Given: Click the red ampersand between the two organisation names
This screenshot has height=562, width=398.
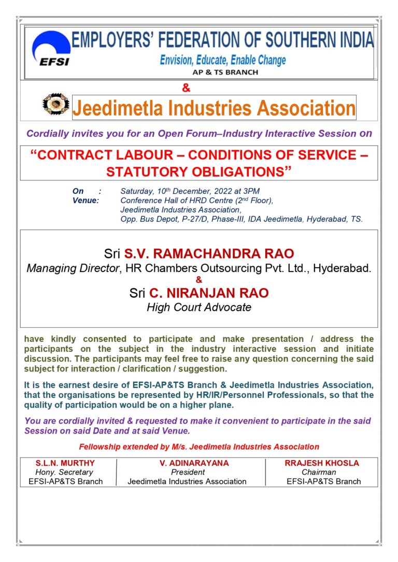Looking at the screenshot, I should (x=186, y=88).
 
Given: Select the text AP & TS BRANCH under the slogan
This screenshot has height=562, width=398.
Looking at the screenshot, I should (x=225, y=73).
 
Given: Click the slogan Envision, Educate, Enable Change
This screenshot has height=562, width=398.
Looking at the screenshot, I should (x=223, y=60).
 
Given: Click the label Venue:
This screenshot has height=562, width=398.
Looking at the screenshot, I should (x=86, y=200).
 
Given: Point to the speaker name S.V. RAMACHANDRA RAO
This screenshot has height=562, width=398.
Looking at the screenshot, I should (x=209, y=254).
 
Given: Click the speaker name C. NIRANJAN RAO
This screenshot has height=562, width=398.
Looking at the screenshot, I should (x=209, y=293).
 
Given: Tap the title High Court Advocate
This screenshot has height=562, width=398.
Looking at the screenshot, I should (x=199, y=307).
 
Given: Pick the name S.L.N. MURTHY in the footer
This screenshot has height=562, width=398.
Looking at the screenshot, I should (x=65, y=463).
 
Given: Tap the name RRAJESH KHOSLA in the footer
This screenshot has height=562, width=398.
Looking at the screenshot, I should (x=322, y=463).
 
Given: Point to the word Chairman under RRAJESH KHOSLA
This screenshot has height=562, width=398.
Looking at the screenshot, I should (x=319, y=472).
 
